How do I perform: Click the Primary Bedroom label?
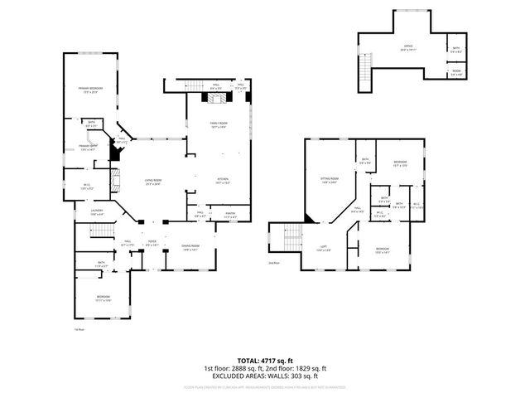(90, 90)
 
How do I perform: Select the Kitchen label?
(223, 180)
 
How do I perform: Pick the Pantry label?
(231, 215)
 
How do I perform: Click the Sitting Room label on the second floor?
(329, 179)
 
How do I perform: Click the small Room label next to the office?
(456, 72)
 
